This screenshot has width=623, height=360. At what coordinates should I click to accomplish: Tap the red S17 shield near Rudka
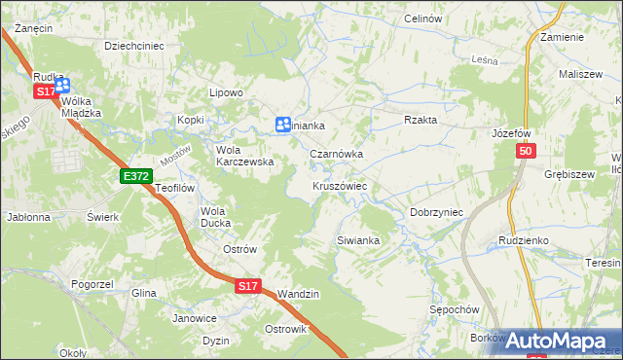[46, 90]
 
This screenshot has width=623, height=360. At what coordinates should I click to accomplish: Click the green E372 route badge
[135, 176]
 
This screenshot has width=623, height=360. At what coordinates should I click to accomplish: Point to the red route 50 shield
[526, 151]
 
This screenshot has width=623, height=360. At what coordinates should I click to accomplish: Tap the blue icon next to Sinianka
[282, 124]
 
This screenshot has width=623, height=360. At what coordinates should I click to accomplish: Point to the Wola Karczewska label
[243, 156]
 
